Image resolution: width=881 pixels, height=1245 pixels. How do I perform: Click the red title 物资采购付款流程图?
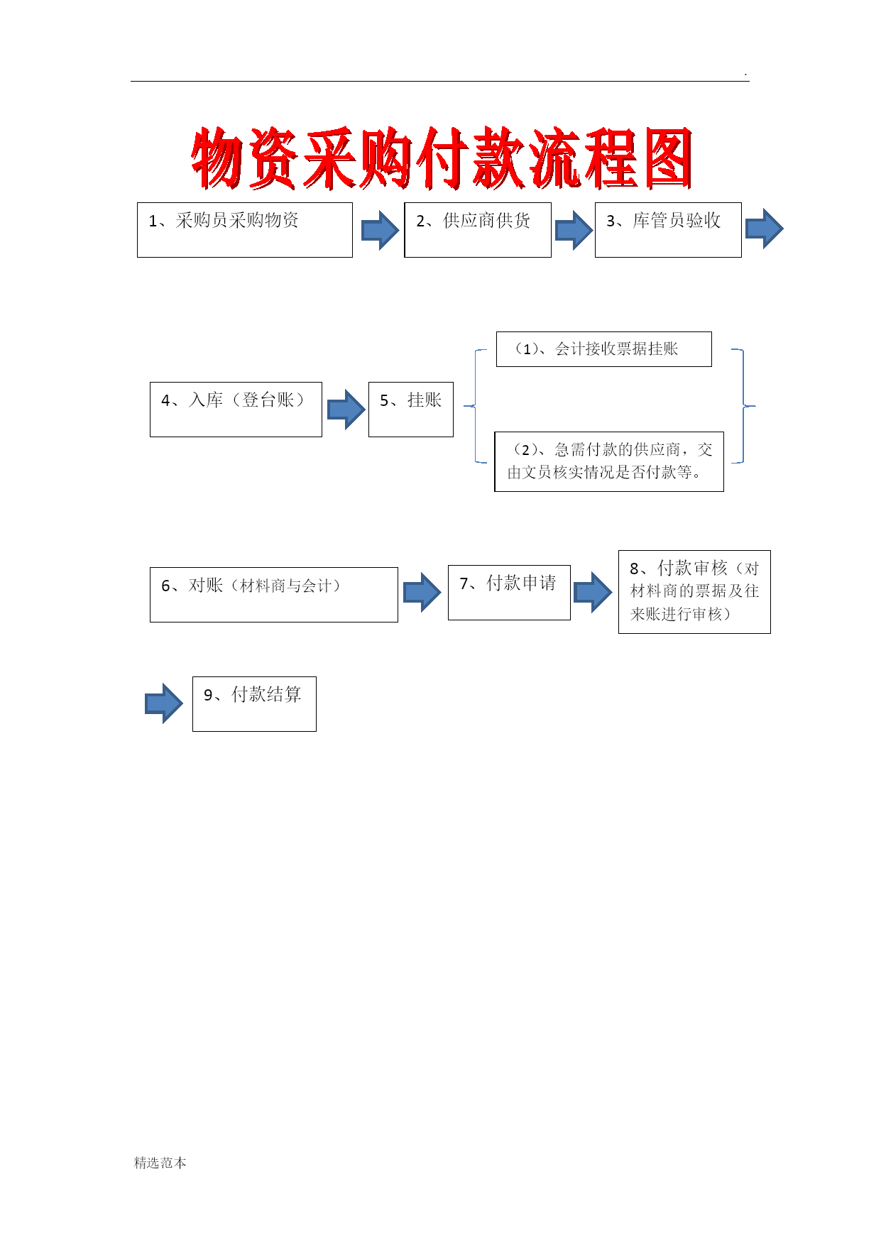[x=442, y=159]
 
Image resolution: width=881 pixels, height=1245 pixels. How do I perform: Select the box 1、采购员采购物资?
[x=245, y=230]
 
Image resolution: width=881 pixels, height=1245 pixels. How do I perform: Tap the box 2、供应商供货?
[x=478, y=230]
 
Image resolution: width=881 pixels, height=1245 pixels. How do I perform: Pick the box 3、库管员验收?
[x=668, y=230]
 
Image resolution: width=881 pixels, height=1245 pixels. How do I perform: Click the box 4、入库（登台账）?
[x=236, y=410]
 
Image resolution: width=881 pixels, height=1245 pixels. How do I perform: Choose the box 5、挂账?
[x=411, y=410]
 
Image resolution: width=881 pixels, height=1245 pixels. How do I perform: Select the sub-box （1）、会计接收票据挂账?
[x=604, y=349]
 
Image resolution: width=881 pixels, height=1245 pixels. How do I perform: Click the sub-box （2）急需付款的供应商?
[x=609, y=461]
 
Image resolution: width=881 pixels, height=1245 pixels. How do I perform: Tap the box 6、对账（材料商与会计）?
[x=274, y=595]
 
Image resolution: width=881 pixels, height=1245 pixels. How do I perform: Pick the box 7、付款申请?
[x=509, y=593]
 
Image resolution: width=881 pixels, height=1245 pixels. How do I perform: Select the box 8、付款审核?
[x=694, y=592]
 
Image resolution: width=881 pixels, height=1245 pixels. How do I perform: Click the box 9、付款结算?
[x=254, y=704]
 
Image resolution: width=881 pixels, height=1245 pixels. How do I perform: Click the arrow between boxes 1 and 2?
[x=381, y=230]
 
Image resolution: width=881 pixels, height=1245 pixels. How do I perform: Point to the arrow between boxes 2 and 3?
[x=574, y=230]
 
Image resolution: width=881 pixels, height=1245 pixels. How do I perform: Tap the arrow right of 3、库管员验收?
[x=765, y=229]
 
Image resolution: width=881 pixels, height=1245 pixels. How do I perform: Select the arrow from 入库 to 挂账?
[x=346, y=410]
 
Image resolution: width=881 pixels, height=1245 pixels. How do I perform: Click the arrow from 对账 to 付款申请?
[x=422, y=592]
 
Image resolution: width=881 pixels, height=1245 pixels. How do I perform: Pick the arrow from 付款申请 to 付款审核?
[x=593, y=592]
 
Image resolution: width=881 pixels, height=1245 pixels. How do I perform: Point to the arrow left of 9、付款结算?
[x=164, y=703]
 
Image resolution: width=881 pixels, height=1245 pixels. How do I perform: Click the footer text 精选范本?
[x=160, y=1163]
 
